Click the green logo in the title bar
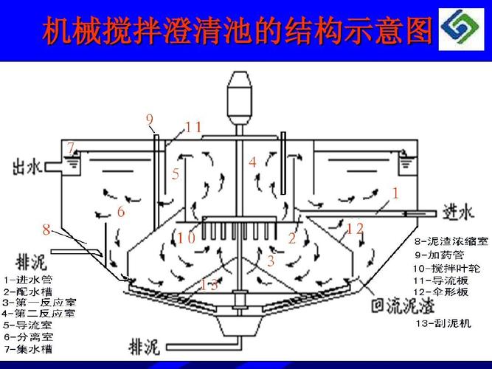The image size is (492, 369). point(463,30)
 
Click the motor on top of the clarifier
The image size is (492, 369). point(240,95)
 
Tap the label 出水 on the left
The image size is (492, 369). point(26,168)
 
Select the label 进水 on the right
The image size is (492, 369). point(457,213)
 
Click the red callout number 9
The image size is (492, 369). point(149,120)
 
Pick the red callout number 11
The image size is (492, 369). point(193,127)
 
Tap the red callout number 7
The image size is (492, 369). point(71,148)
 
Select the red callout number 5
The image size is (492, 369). point(176,175)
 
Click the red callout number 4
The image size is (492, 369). point(252,162)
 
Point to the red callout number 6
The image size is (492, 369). point(121,212)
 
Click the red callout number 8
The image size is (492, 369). point(46,230)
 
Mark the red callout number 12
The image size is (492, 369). point(355,229)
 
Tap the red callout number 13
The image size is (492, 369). point(209,284)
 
